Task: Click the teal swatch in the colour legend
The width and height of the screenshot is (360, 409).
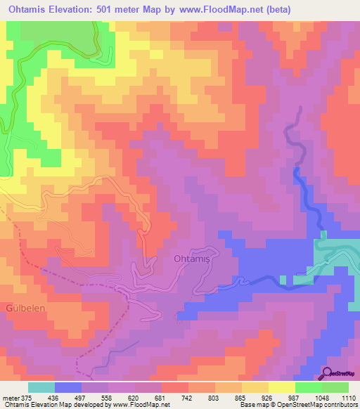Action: [41, 387]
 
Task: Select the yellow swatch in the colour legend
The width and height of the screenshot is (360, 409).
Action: [281, 387]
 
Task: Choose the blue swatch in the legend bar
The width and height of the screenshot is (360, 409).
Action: [68, 387]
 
